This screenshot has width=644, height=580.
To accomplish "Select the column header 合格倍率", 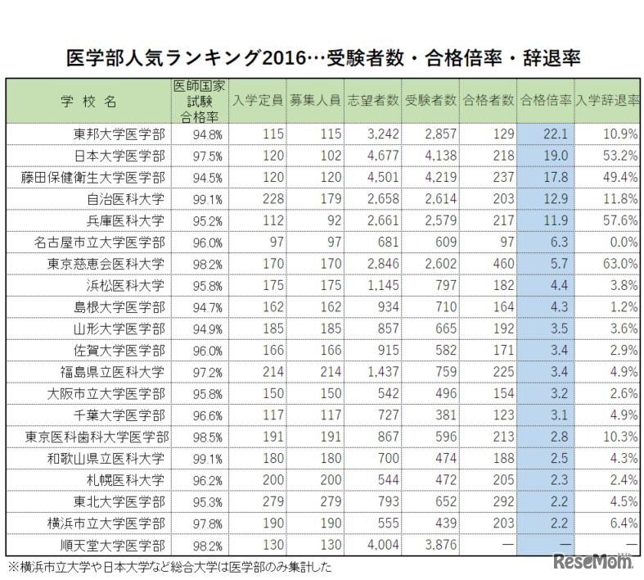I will click(545, 101).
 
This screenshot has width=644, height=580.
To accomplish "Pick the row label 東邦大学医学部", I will click(119, 133).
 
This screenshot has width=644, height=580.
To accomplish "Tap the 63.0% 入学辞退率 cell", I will click(619, 264).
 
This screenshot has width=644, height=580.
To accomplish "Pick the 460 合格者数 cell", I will click(500, 264).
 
